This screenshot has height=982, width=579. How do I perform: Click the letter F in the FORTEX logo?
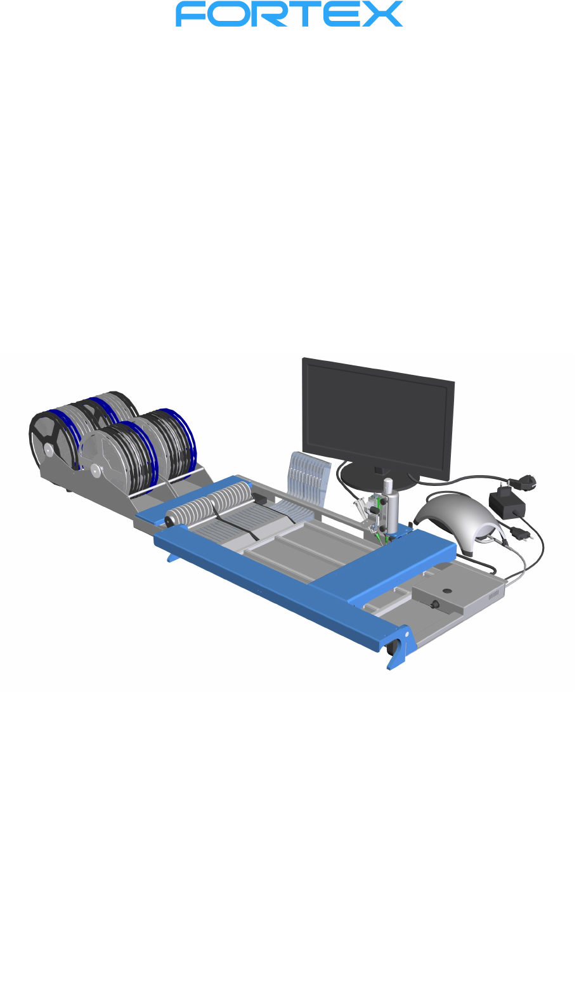click(189, 13)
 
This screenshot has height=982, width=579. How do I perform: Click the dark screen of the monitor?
click(377, 418)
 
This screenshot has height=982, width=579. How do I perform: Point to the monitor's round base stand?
click(377, 475)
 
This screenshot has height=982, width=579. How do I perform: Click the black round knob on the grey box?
click(435, 604)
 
